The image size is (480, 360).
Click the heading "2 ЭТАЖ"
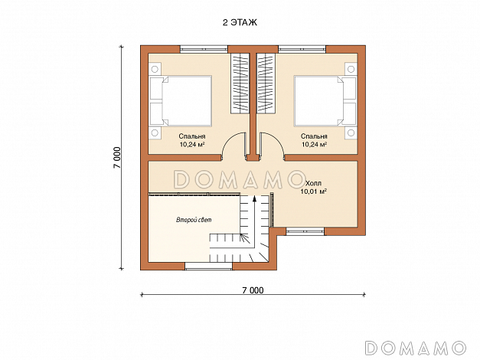[240, 22]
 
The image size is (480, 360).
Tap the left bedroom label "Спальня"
[192, 136]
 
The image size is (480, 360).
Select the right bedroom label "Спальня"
[314, 136]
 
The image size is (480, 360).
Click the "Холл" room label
[313, 184]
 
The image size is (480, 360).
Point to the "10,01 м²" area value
[313, 191]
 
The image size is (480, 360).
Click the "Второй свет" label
[194, 220]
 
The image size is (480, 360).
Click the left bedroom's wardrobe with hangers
[240, 83]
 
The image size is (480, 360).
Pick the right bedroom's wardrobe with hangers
[266, 83]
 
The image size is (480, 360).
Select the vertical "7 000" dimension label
[117, 158]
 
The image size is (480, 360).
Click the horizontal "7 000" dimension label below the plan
[253, 290]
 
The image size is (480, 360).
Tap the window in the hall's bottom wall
[305, 231]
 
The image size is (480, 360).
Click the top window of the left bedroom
[204, 49]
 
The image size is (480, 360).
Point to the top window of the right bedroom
[302, 49]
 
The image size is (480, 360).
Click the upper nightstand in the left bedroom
[155, 69]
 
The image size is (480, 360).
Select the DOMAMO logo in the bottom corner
[416, 348]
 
